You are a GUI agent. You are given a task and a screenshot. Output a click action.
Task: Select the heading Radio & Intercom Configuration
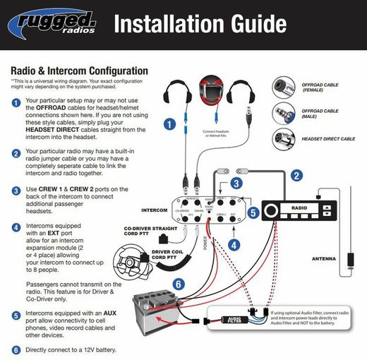pos(79,71)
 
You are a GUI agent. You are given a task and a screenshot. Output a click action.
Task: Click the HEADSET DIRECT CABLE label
pos(328,139)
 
